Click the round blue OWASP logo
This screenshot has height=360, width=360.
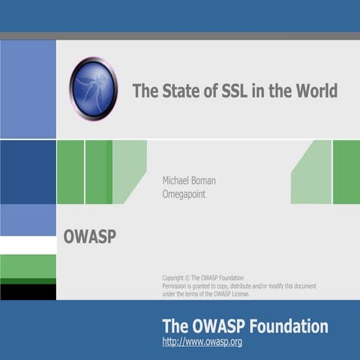(94, 88)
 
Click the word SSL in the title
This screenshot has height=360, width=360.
(229, 91)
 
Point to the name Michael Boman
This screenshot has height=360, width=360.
(189, 181)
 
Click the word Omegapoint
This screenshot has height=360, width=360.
(184, 194)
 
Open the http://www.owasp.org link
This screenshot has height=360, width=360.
(202, 342)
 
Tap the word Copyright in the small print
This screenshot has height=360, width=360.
(175, 278)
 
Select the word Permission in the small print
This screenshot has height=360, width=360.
(178, 286)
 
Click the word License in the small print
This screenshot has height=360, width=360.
(238, 293)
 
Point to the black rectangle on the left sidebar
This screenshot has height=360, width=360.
(28, 291)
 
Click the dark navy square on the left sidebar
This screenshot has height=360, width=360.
(28, 172)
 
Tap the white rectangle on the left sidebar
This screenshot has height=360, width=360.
(28, 245)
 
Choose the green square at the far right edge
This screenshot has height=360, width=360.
(346, 172)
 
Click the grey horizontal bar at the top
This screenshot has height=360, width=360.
(180, 35)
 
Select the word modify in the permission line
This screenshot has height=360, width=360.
(272, 286)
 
